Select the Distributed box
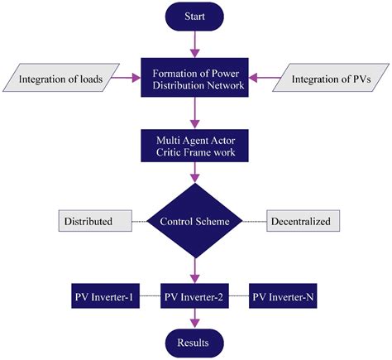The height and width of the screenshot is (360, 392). point(97,222)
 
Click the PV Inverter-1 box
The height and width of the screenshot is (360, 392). point(103,295)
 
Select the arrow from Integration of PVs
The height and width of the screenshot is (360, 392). point(258,79)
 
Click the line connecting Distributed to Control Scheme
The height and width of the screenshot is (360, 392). point(141,222)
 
